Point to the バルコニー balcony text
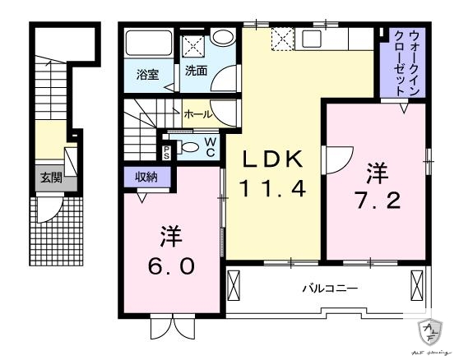point(329,289)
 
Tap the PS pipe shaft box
point(167,150)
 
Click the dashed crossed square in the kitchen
point(283,38)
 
